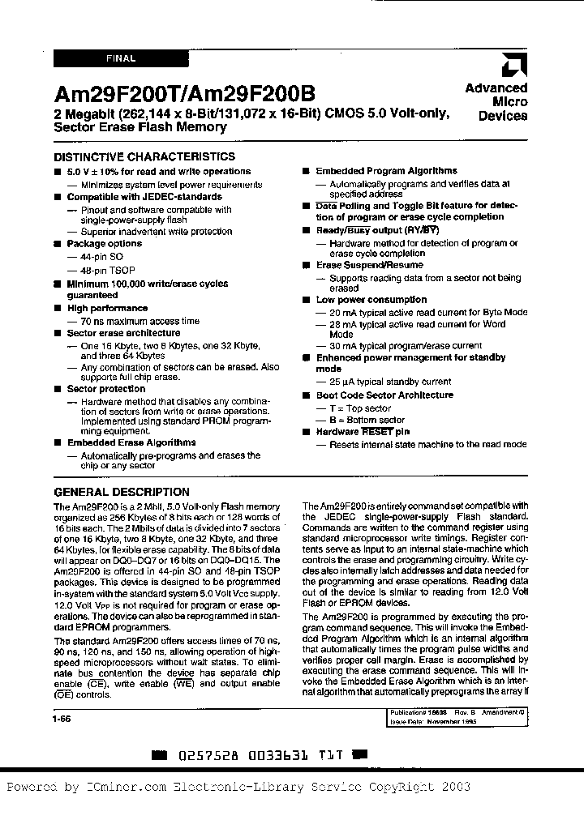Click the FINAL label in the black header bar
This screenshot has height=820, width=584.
pyautogui.click(x=120, y=58)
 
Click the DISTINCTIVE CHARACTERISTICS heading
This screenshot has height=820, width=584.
pyautogui.click(x=144, y=156)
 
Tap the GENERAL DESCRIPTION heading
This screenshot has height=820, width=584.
pyautogui.click(x=122, y=492)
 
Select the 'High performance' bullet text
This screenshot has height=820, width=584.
pyautogui.click(x=107, y=308)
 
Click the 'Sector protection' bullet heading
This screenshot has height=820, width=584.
pyautogui.click(x=107, y=389)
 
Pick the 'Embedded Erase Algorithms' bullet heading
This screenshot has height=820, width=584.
pyautogui.click(x=131, y=442)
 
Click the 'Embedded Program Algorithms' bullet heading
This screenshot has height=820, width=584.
pyautogui.click(x=386, y=171)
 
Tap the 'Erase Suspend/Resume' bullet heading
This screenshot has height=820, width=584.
pyautogui.click(x=369, y=265)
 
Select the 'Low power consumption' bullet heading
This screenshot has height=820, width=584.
pyautogui.click(x=371, y=300)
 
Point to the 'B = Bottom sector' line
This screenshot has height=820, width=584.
pyautogui.click(x=366, y=420)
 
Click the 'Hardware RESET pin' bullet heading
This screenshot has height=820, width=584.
pyautogui.click(x=363, y=432)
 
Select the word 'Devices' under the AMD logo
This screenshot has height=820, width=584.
pyautogui.click(x=503, y=116)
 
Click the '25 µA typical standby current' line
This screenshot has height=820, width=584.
pyautogui.click(x=389, y=382)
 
